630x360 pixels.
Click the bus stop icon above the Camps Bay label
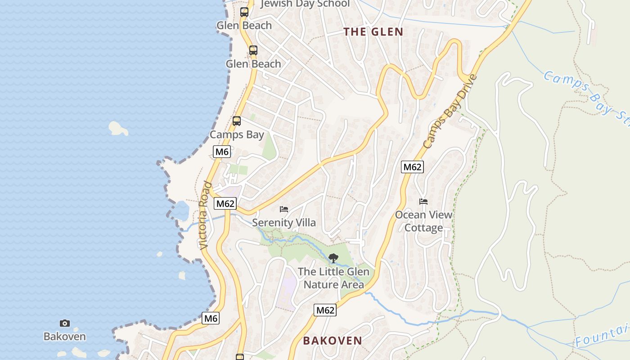click(x=237, y=121)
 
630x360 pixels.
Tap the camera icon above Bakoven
click(x=65, y=323)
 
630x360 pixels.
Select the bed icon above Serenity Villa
click(x=284, y=209)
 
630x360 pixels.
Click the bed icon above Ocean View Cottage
click(x=423, y=201)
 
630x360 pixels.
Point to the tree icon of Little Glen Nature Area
click(x=333, y=258)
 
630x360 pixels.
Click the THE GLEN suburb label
click(x=373, y=31)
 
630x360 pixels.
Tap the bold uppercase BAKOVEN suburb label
click(x=332, y=341)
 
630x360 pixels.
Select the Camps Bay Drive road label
click(x=450, y=112)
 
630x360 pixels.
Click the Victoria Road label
click(x=205, y=216)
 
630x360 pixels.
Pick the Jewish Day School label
click(x=305, y=4)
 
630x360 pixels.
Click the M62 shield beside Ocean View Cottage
click(x=412, y=167)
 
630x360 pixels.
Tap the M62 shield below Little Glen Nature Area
click(x=325, y=310)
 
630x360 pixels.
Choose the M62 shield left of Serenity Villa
click(x=225, y=203)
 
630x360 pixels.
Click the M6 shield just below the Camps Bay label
click(x=222, y=152)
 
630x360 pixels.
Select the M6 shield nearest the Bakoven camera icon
click(x=210, y=319)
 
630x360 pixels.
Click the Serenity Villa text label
click(x=284, y=223)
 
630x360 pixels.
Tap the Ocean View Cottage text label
click(x=423, y=221)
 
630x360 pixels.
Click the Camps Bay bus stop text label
click(x=237, y=135)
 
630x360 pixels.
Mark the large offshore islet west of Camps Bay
click(x=118, y=128)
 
